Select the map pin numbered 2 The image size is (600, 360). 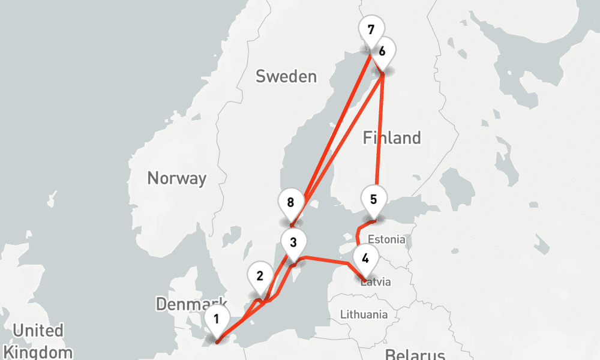[x=260, y=277]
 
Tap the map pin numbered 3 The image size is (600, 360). [x=293, y=243]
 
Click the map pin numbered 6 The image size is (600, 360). [x=382, y=50]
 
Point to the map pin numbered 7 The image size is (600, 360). [x=371, y=29]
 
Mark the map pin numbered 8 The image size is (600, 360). [x=291, y=202]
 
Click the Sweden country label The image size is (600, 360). [x=286, y=76]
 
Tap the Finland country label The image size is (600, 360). [x=392, y=138]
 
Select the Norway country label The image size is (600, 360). [x=176, y=178]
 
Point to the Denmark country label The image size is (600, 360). [x=191, y=304]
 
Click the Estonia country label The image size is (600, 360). [x=387, y=239]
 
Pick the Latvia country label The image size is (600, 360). [x=376, y=281]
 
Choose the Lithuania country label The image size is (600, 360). [x=364, y=314]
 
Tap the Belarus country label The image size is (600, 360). [x=415, y=353]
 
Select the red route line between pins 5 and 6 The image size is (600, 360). [x=379, y=132]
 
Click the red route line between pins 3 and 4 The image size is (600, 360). [x=327, y=260]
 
